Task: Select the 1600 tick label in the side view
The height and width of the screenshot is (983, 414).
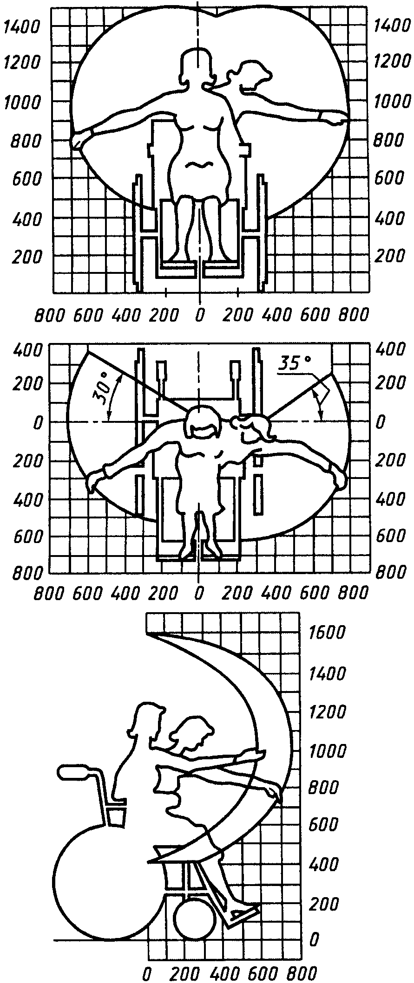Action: tap(329, 633)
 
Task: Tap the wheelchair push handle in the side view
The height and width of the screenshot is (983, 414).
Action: tap(74, 772)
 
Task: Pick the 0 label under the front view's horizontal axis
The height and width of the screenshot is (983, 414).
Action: tap(199, 315)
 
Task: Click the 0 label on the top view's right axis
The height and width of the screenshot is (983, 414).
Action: tap(381, 422)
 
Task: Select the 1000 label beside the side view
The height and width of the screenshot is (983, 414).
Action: tap(329, 749)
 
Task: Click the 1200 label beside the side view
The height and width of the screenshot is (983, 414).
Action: tap(329, 711)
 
